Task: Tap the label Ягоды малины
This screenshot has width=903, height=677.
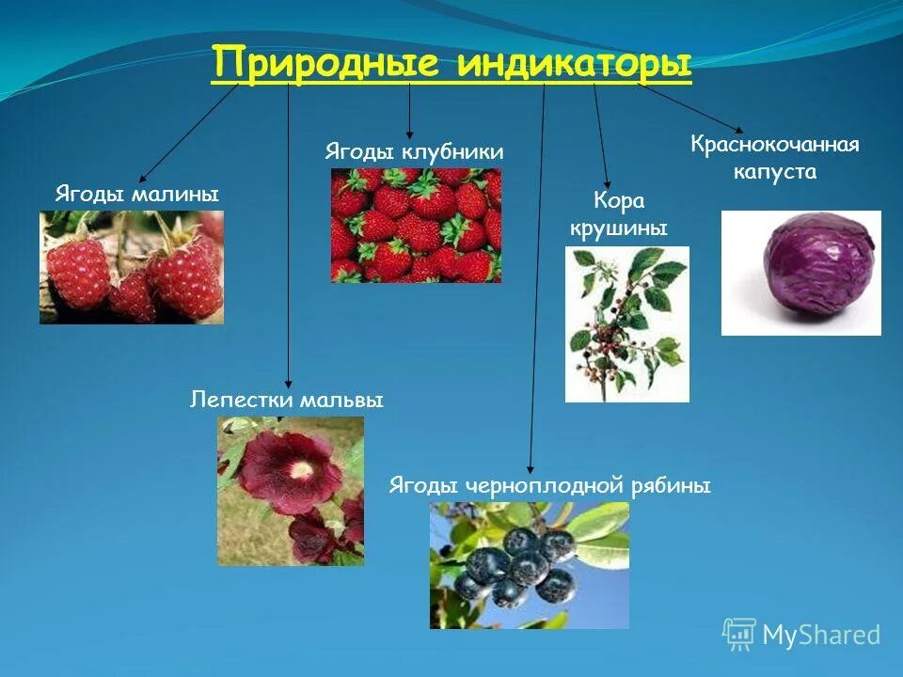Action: [x=136, y=195]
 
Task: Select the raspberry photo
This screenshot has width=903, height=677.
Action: [x=132, y=267]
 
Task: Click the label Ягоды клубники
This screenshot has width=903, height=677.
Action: [x=414, y=152]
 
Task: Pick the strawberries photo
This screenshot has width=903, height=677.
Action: [x=416, y=226]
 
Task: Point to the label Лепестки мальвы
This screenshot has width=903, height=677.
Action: [x=287, y=401]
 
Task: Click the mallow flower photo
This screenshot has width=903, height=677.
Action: [x=290, y=491]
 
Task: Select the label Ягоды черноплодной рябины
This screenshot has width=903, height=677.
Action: [x=549, y=486]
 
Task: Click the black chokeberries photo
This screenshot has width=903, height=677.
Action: [x=530, y=565]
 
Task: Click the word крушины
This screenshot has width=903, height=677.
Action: [x=618, y=228]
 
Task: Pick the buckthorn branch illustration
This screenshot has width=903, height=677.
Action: [x=626, y=324]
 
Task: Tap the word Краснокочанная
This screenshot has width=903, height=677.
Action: [x=775, y=146]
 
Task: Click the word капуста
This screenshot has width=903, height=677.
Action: [x=775, y=172]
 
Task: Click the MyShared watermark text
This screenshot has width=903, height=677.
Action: [x=820, y=635]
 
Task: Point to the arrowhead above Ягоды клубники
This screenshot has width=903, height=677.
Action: [x=409, y=136]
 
